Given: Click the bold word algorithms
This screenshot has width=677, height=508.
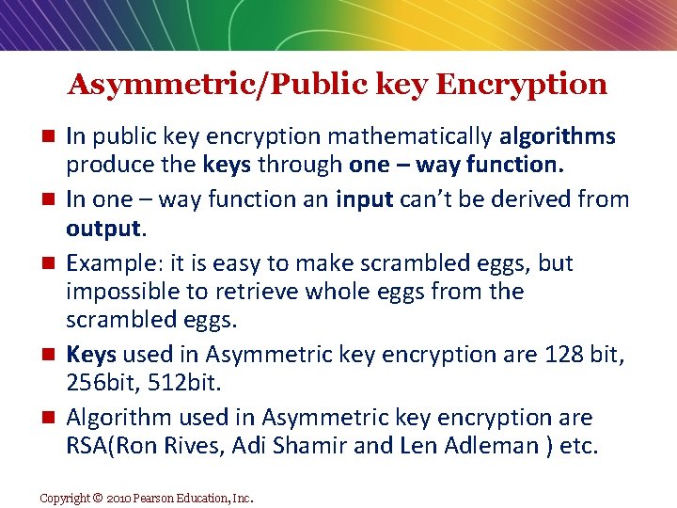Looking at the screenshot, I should click(x=558, y=137).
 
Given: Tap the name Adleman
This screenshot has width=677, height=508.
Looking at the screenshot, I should click(x=483, y=446).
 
